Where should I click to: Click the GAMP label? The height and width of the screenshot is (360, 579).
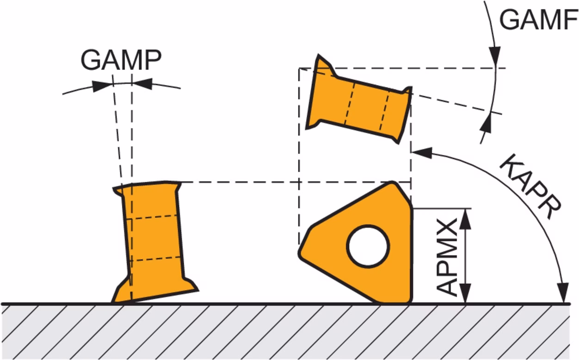[121, 60]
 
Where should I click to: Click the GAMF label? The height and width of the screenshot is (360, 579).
[538, 20]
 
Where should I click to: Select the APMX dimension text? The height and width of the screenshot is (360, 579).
[447, 257]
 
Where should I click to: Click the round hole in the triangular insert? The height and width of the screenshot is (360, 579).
[368, 246]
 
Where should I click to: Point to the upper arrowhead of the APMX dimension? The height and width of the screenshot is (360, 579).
[465, 219]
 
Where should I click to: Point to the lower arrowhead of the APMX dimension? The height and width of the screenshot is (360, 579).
[465, 293]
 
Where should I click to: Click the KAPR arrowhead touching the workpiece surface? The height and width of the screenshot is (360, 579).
[563, 293]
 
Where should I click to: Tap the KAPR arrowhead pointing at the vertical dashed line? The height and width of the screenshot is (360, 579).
[422, 153]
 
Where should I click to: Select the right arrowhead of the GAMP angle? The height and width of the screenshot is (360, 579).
[142, 84]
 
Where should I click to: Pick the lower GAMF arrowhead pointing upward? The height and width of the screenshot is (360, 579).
[486, 123]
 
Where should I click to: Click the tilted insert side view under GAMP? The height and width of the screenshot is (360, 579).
[154, 242]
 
